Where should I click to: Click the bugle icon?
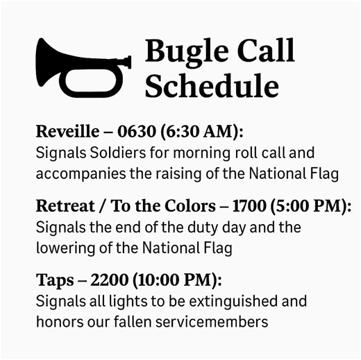(82, 67)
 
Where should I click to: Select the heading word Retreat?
(61, 207)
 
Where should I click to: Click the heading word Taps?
(51, 281)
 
